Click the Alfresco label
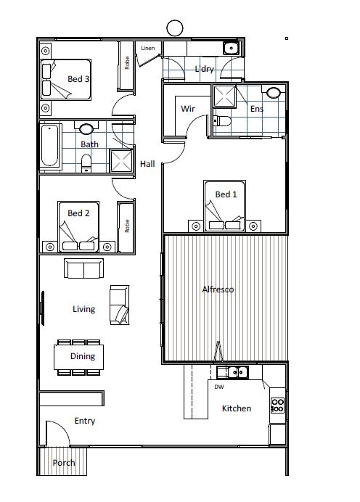[218, 289]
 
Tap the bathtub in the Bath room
[50, 146]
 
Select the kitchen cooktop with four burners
[277, 406]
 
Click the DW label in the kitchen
[219, 387]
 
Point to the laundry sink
[231, 49]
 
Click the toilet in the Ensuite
[222, 120]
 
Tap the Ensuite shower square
[224, 96]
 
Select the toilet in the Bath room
[86, 163]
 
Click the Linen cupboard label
[147, 48]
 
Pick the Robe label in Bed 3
[127, 62]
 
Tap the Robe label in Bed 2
[127, 226]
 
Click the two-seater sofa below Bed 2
[84, 268]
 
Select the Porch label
[64, 463]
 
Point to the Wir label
[188, 109]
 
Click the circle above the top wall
[175, 28]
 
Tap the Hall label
[147, 164]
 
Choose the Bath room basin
[86, 129]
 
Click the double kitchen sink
[237, 372]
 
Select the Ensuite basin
[273, 93]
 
